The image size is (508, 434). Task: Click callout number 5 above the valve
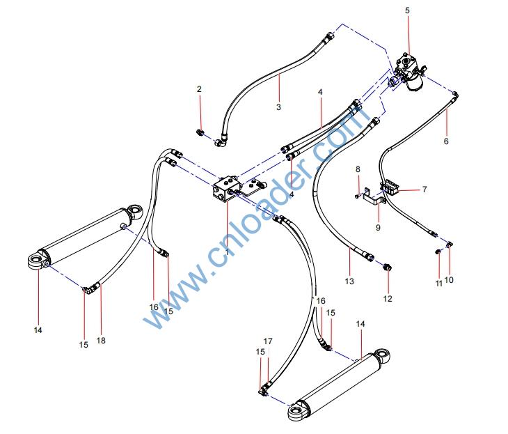(x=407, y=10)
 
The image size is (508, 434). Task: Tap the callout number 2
(x=199, y=89)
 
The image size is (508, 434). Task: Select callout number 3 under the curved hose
(x=278, y=107)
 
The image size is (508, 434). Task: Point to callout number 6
(x=446, y=141)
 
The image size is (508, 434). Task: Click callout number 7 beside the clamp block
(x=424, y=189)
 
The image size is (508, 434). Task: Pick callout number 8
(x=358, y=169)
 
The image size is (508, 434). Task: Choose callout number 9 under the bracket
(x=378, y=227)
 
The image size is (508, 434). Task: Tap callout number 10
(x=449, y=280)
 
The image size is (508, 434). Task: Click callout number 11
(x=438, y=284)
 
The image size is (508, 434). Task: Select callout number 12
(x=388, y=299)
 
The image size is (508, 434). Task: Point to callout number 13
(x=349, y=281)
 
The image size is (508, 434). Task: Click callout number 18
(x=102, y=341)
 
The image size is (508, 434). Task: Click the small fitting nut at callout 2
(x=200, y=132)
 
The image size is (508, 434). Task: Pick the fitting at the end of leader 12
(x=388, y=267)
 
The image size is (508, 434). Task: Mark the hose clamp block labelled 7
(x=392, y=187)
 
